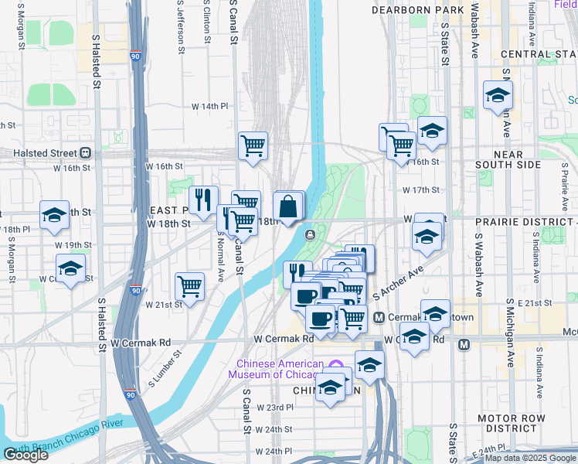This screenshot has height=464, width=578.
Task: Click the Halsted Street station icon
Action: [85, 153]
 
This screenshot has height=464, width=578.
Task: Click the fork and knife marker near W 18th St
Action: [203, 200]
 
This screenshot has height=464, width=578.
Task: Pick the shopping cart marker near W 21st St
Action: [189, 286]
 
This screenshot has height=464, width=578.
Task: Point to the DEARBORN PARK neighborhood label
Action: [418, 10]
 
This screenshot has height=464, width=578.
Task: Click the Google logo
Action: [25, 455]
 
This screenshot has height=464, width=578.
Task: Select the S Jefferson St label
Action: [180, 23]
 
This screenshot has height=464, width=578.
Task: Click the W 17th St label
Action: [420, 189]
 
